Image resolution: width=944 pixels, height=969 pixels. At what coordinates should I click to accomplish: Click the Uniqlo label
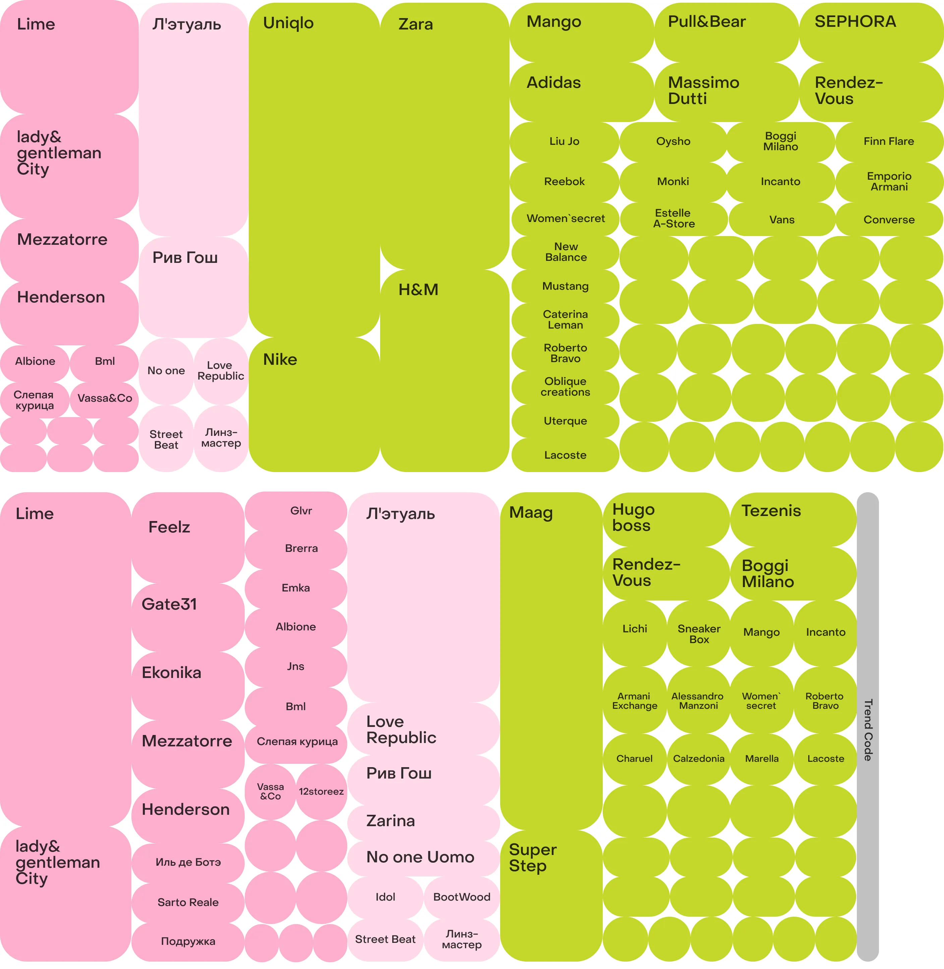(x=288, y=23)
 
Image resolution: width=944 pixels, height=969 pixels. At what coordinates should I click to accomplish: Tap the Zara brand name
(x=415, y=24)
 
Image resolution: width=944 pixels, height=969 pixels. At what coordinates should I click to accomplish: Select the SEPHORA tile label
(x=855, y=22)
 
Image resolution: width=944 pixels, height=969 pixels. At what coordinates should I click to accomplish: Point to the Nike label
(x=280, y=359)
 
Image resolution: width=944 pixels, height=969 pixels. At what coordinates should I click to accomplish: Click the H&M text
(x=418, y=290)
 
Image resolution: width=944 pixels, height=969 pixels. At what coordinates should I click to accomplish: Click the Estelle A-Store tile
(x=674, y=219)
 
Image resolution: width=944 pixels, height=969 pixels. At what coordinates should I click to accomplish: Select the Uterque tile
(x=565, y=421)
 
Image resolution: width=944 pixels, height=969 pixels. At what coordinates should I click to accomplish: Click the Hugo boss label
(x=634, y=518)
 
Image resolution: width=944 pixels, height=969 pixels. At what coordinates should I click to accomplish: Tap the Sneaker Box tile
(x=699, y=634)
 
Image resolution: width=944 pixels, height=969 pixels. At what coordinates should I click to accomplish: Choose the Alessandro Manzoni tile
(x=698, y=701)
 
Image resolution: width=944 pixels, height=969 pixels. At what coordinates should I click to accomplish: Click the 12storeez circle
(x=321, y=792)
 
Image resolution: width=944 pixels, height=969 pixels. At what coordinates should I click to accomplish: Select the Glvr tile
(x=301, y=511)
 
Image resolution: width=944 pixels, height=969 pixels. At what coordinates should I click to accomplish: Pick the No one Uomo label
(x=420, y=857)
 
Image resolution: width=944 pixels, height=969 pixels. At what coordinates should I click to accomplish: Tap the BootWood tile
(x=462, y=897)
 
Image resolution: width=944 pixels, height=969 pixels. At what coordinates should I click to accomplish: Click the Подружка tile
(x=188, y=941)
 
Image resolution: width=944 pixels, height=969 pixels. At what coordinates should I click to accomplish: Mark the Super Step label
(x=532, y=858)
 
